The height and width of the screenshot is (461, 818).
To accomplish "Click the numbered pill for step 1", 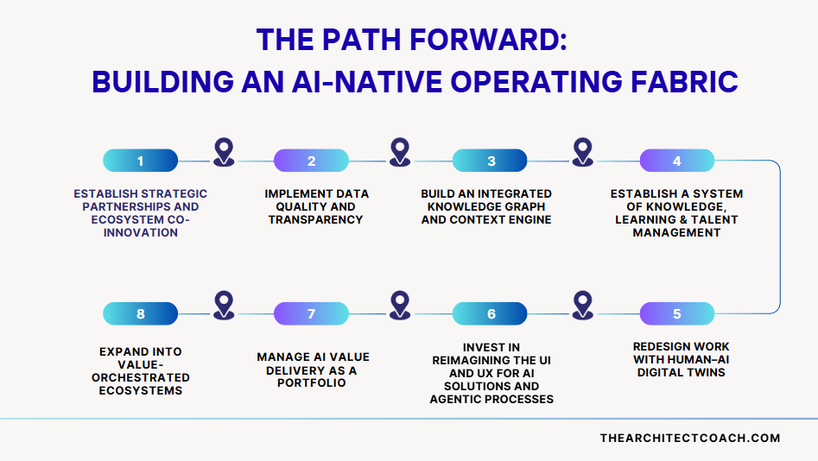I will pos(140,161).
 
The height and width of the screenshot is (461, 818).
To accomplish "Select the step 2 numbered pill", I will pos(311,161).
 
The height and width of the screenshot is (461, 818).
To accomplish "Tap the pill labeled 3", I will pos(490,161).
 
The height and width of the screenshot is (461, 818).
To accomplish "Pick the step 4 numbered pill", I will pos(676,161).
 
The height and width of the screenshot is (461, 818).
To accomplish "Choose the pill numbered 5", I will pos(676,313).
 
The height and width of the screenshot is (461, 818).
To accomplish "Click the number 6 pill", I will pos(490,313).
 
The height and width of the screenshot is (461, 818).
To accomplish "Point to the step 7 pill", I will pos(311,313).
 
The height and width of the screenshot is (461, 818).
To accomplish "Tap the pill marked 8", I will pos(140,313).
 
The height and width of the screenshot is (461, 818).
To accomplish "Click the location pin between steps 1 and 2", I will pos(224,152).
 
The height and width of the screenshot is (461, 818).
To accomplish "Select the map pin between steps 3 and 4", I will pos(583,152).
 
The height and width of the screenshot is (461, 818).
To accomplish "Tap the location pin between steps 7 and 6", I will pos(399,304).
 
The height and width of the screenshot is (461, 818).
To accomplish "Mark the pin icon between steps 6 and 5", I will pos(583,304).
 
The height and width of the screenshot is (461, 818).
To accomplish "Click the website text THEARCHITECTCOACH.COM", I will pos(689,438).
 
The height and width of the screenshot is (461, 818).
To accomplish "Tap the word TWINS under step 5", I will pos(708,372).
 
